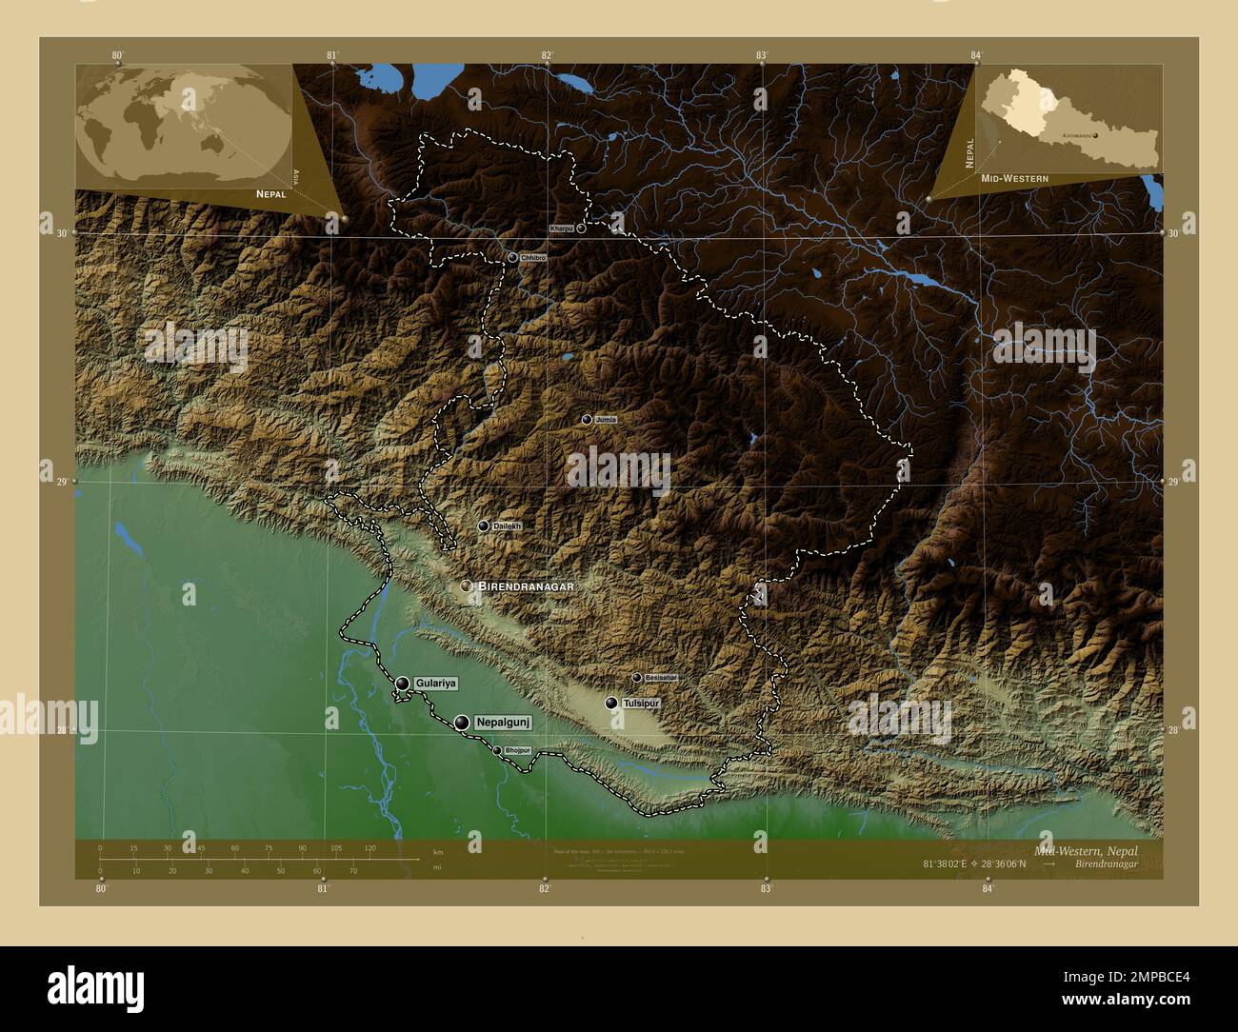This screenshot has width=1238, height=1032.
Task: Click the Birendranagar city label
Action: [x=526, y=586]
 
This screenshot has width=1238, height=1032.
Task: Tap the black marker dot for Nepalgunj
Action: [x=462, y=724]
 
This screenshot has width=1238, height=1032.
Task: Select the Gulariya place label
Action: [x=436, y=684]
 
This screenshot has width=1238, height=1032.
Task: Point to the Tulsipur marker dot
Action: [x=611, y=704]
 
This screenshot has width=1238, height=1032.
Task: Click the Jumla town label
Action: [x=606, y=420]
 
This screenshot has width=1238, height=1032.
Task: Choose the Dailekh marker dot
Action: [x=484, y=526]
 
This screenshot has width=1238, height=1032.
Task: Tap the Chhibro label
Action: [x=533, y=258]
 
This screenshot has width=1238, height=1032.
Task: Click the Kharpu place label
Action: [x=562, y=229]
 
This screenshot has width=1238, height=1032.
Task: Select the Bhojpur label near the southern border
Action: [x=517, y=751]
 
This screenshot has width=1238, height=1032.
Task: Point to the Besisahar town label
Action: [x=660, y=678]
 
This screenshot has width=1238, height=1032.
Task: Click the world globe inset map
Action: [x=184, y=125]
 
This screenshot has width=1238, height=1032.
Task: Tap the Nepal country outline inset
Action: [x=1068, y=119]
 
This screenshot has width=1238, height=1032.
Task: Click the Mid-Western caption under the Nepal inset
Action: [x=1008, y=179]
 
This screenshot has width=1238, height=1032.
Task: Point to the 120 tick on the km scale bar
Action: [x=369, y=848]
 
